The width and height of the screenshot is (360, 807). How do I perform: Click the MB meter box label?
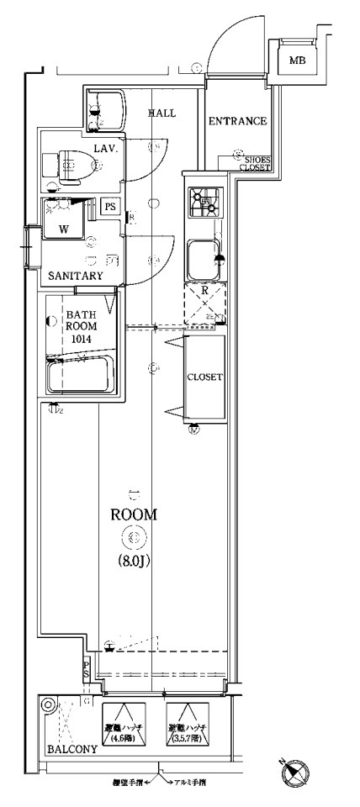(x=297, y=61)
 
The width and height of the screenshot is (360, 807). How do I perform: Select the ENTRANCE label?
(x=237, y=122)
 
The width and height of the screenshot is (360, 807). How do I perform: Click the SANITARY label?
(x=76, y=276)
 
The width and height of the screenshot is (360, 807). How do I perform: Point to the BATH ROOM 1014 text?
(x=69, y=328)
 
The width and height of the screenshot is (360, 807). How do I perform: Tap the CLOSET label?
(x=204, y=377)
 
